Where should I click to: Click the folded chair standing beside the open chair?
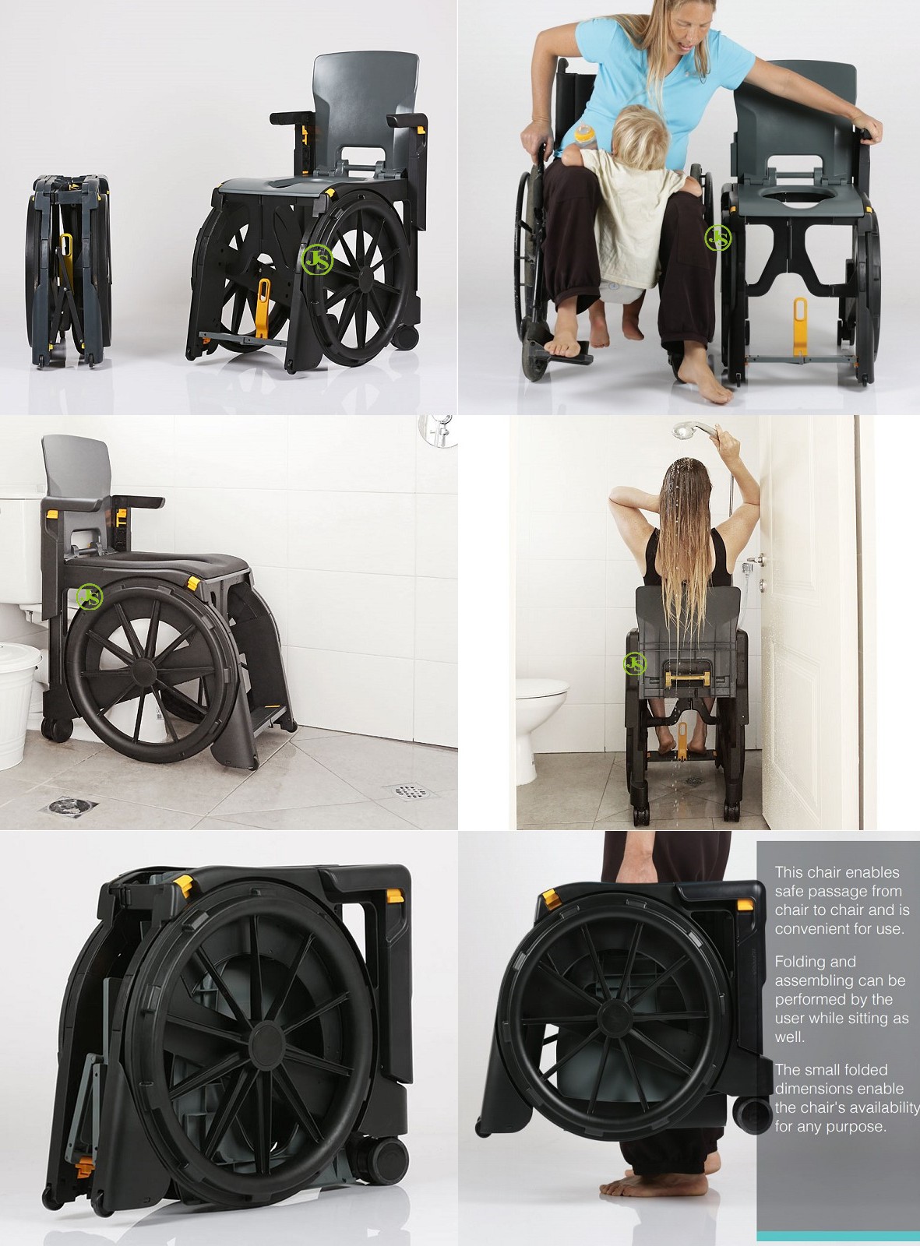69,271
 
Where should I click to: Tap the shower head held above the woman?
687,431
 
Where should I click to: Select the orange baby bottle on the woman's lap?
586,136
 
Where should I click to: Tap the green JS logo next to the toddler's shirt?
717,238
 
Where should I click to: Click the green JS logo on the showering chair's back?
635,664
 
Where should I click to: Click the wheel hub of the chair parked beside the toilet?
143,672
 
